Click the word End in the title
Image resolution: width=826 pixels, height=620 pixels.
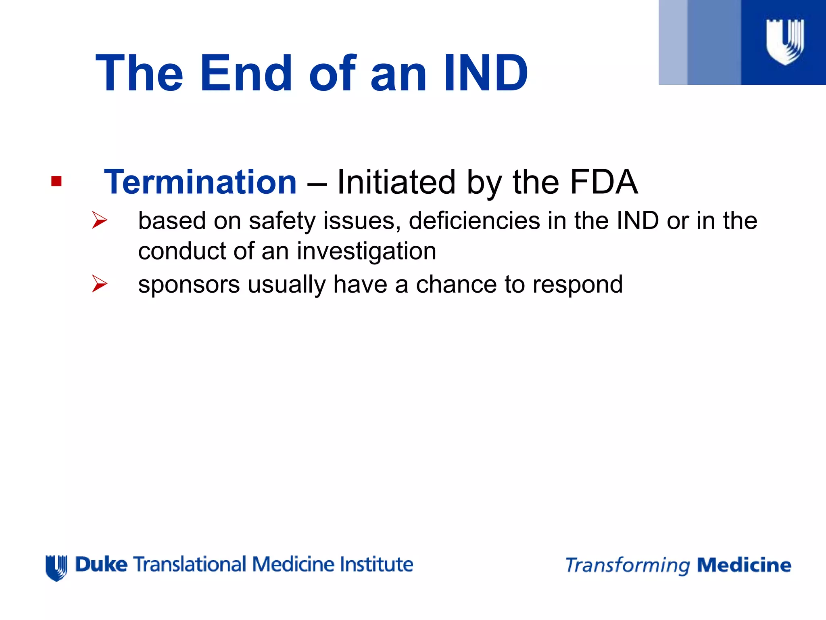click(x=246, y=73)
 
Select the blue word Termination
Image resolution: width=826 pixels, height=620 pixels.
click(x=200, y=182)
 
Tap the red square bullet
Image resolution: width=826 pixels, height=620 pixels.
click(x=56, y=181)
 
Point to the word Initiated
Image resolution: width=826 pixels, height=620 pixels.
click(x=396, y=182)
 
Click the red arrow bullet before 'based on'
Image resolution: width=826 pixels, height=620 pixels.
click(x=100, y=220)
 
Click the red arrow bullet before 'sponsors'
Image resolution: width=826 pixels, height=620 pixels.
click(x=100, y=283)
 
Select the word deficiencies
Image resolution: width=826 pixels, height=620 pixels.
click(x=474, y=221)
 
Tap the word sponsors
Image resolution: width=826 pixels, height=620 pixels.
click(x=189, y=285)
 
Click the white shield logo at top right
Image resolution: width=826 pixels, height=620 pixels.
click(x=785, y=42)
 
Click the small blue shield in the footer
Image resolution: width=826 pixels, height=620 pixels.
click(x=56, y=568)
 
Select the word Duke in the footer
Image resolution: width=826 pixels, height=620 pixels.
click(x=101, y=564)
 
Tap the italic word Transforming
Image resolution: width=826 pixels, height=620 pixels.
click(x=628, y=566)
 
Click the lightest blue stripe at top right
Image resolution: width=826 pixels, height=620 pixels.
click(x=673, y=42)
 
